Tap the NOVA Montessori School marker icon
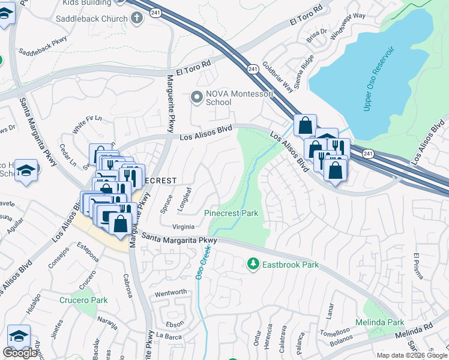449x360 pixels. pos(196,97)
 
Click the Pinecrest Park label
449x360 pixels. pos(231,213)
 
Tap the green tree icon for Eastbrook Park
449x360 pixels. pos(253,263)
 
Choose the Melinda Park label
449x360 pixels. pos(379,322)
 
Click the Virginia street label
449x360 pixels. pos(183,227)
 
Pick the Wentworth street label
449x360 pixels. pos(171,292)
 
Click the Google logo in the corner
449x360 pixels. pos(20,353)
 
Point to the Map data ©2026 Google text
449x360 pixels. pos(412,355)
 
